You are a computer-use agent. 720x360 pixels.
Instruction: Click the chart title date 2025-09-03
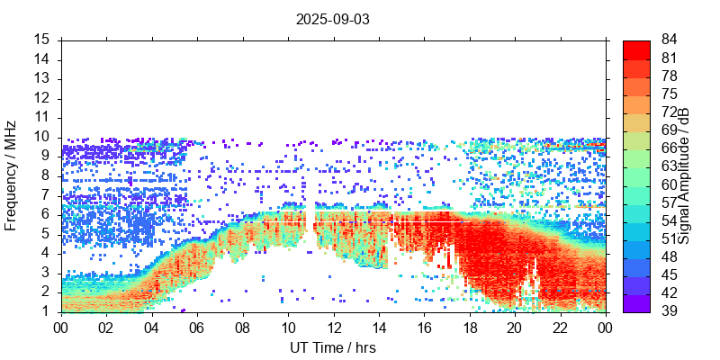(x=332, y=18)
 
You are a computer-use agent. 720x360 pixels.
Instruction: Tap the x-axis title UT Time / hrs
(x=332, y=347)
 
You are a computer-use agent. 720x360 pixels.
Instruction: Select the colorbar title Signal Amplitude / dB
(x=684, y=175)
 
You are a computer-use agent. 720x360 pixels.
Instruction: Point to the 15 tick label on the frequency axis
(x=42, y=40)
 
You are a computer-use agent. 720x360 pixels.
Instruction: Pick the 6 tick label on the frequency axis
(x=46, y=214)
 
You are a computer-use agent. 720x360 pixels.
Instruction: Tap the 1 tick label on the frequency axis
(x=46, y=311)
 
